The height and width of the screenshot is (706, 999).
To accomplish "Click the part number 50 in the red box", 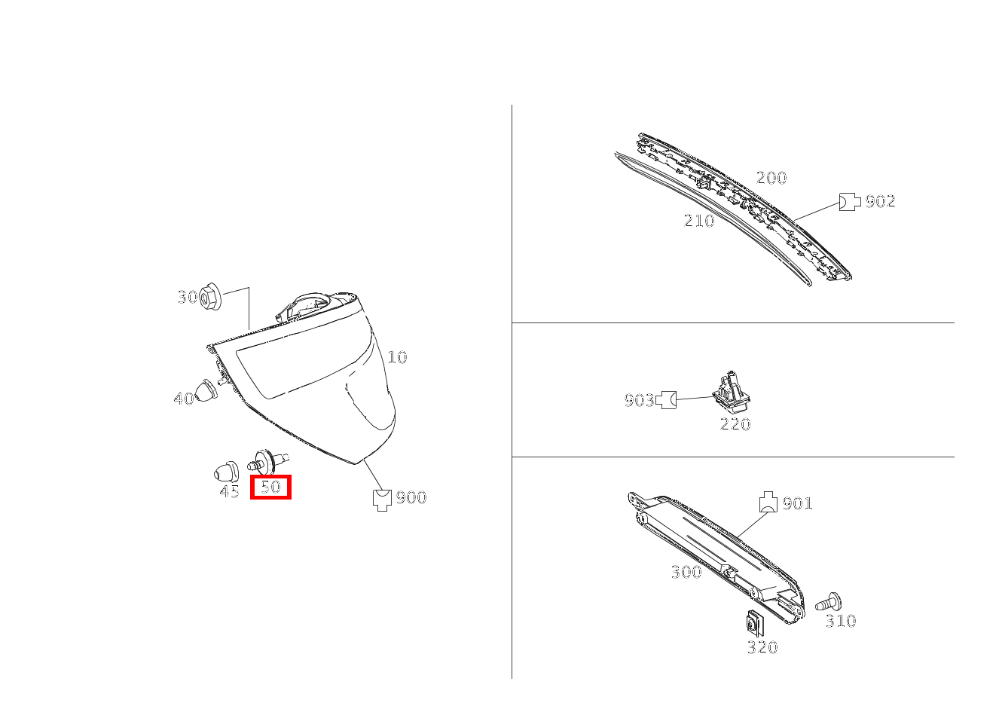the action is coord(270,487).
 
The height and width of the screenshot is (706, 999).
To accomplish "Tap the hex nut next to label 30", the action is coord(209,296).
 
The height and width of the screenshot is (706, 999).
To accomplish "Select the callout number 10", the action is coord(397,357).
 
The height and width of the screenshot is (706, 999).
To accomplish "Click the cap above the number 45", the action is coord(226,471).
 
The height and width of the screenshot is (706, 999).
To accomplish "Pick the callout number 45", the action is coord(229,491).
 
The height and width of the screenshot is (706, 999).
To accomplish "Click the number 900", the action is coord(411,497).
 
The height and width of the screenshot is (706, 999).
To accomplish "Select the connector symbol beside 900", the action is coord(382,500).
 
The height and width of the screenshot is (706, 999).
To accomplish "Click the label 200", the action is coord(771,178).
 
